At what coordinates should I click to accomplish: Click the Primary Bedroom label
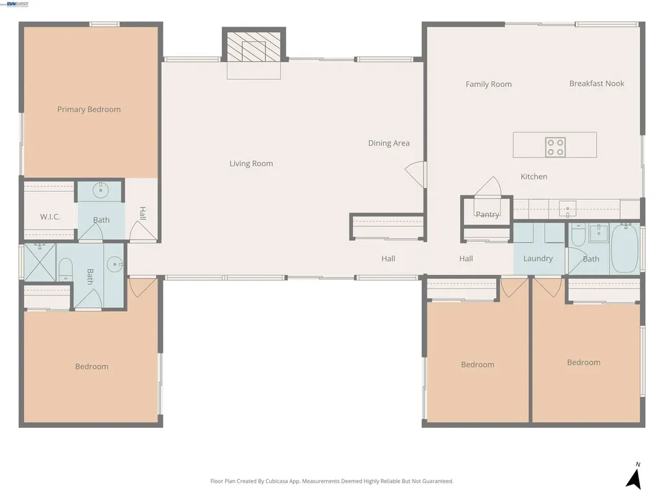point(89,110)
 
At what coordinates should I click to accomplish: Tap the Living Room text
point(251,163)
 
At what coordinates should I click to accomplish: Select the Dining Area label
point(388,143)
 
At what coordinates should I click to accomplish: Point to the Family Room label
point(488,84)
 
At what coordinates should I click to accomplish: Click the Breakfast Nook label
point(597,84)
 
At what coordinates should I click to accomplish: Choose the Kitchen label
point(534,176)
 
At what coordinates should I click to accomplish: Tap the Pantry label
point(487,215)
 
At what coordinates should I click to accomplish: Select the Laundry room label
point(538,259)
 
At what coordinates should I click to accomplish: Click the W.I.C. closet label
point(50,217)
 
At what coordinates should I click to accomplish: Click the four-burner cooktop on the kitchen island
point(555,147)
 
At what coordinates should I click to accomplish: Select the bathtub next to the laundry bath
point(625,248)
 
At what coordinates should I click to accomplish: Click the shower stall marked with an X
point(40,262)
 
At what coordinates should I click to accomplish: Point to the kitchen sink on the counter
point(567,209)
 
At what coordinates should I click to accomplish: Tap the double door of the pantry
point(487,186)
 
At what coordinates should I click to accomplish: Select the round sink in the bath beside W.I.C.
point(101,191)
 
